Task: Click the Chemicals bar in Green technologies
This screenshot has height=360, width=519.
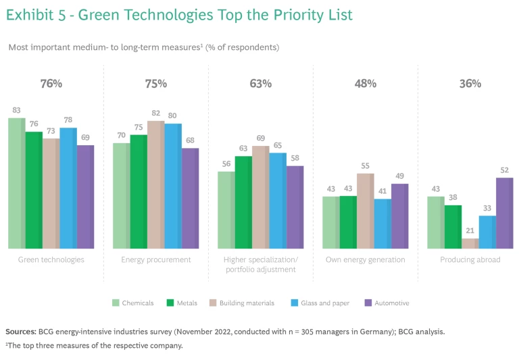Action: tap(17, 183)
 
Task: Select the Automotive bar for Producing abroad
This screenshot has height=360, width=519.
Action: tap(505, 213)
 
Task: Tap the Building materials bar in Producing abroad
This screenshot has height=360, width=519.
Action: tap(470, 243)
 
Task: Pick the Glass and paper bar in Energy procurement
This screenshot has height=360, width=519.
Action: tap(173, 186)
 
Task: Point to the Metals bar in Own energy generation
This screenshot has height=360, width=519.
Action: tap(348, 222)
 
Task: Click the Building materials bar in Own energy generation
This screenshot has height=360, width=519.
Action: tap(366, 211)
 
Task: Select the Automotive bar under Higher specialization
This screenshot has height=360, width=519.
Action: tap(295, 207)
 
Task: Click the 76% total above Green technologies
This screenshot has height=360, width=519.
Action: tap(51, 84)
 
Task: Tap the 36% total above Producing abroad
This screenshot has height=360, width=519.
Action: tap(470, 84)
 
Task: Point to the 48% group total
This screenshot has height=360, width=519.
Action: tap(366, 84)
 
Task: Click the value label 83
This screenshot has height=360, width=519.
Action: tap(16, 110)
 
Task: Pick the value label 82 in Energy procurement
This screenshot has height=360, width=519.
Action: tap(156, 113)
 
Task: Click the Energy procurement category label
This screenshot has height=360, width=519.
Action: tap(156, 260)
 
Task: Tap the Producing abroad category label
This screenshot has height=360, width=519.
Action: tap(470, 260)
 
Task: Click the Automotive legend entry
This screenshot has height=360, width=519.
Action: tap(391, 303)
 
